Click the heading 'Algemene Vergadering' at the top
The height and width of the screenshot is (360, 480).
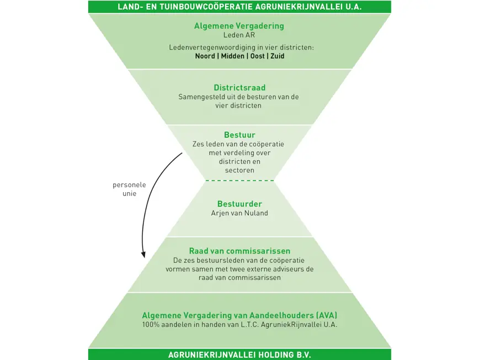point(239,26)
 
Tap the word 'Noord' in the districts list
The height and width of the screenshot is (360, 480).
point(205,56)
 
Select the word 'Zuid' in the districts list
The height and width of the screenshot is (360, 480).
point(278,56)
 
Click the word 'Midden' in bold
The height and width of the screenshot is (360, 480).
point(232,56)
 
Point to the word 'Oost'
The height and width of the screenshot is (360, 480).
point(257,56)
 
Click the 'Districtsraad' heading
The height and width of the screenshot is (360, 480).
point(239,88)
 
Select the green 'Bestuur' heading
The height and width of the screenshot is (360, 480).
point(239,135)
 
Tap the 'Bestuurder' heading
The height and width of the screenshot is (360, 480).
point(239,204)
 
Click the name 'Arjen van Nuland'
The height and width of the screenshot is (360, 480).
point(239,213)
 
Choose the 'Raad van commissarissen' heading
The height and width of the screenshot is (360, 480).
point(239,251)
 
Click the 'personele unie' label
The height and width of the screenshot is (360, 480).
point(129,189)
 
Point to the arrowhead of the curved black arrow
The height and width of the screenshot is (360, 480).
point(143,255)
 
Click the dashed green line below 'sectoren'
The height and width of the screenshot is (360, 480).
point(239,181)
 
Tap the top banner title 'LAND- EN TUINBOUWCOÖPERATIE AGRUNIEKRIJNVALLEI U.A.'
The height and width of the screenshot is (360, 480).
point(239,7)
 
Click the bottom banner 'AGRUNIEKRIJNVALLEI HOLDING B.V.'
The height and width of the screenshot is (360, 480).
point(239,355)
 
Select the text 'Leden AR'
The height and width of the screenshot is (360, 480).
point(239,35)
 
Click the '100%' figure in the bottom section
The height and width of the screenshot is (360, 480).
point(151,325)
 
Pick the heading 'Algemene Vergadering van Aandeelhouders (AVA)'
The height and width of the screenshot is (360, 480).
point(239,315)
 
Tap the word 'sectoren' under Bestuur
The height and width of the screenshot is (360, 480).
point(239,171)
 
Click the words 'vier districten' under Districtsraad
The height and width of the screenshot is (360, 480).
point(239,105)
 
